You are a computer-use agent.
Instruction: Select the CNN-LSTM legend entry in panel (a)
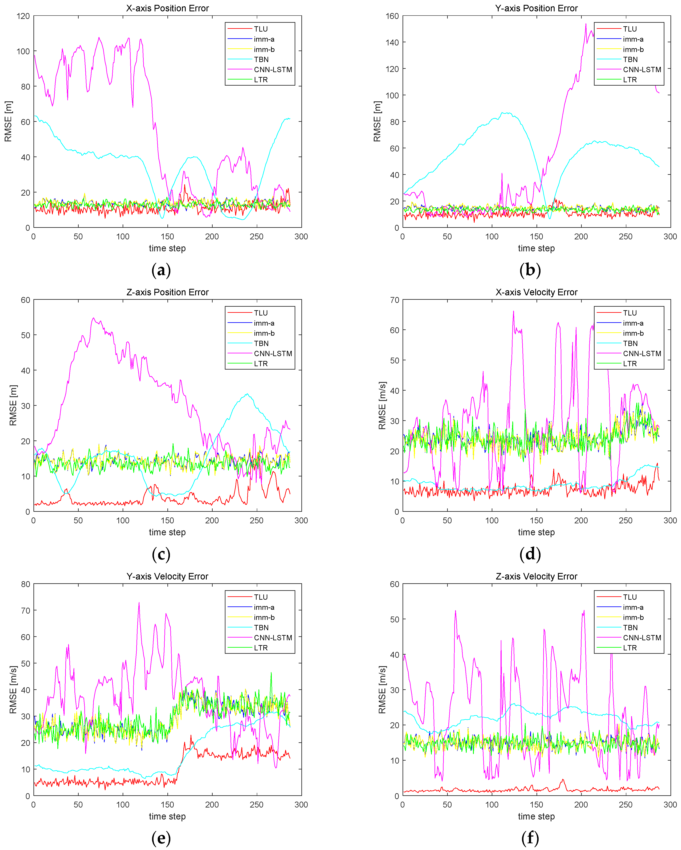(273, 69)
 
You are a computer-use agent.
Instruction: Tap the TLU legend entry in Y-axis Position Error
(629, 29)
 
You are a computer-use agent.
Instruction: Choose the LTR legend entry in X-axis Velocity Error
(629, 363)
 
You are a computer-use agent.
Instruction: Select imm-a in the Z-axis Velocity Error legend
(633, 607)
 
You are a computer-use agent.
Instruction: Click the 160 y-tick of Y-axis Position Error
(392, 16)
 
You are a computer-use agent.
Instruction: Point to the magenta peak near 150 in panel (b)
(586, 24)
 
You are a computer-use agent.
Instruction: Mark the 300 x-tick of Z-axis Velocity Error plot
(670, 805)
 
